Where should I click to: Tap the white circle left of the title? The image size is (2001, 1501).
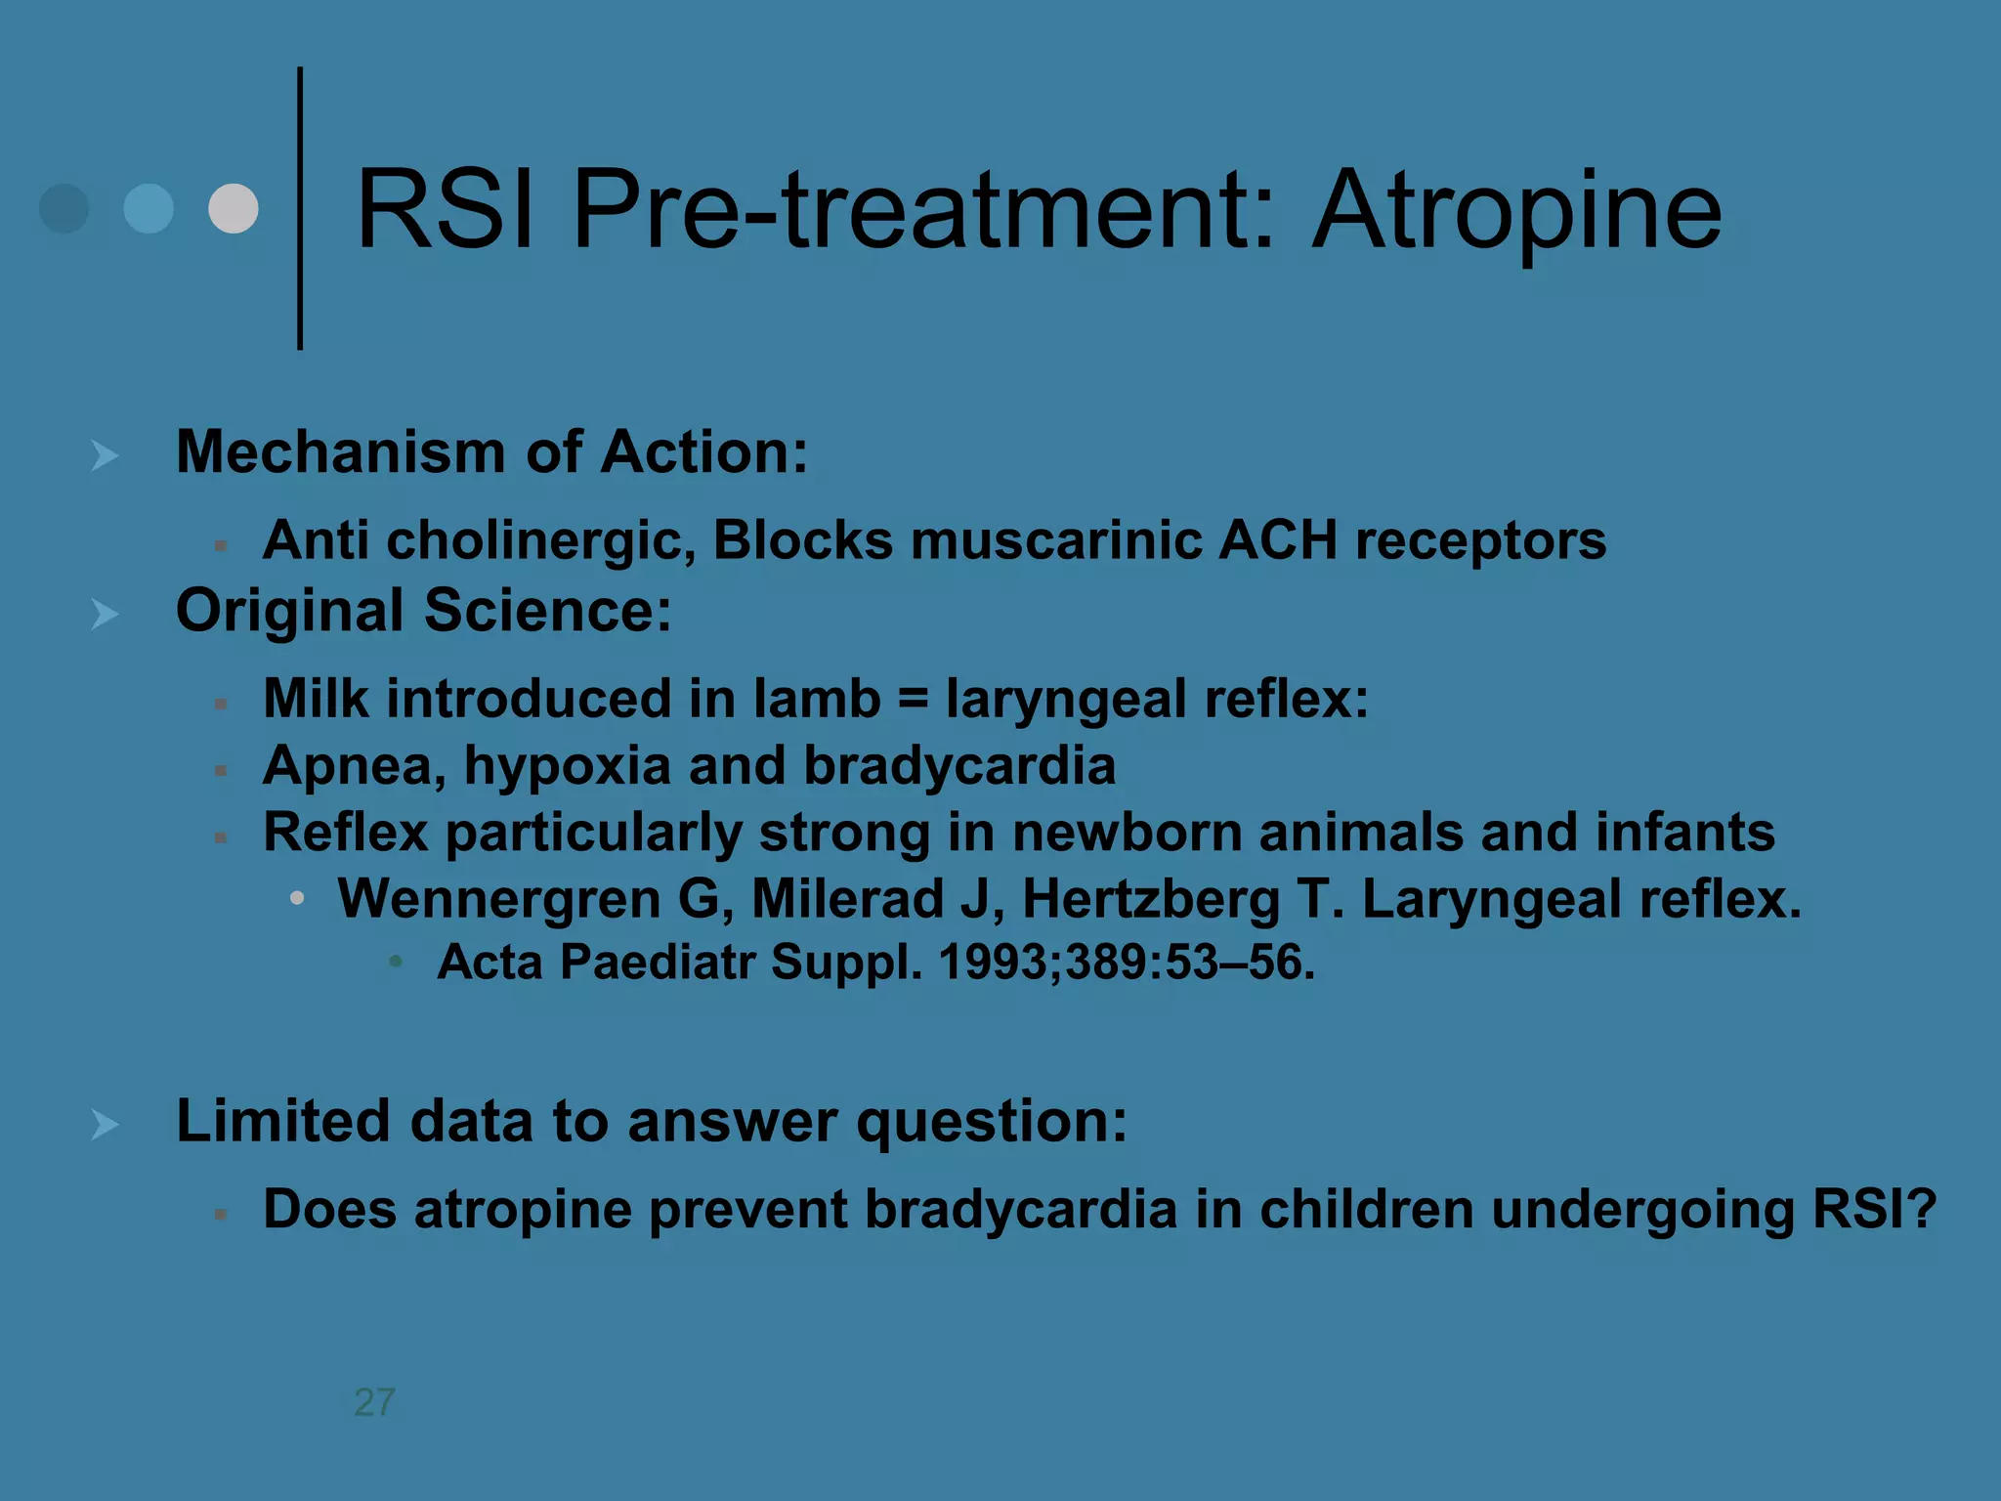click(234, 208)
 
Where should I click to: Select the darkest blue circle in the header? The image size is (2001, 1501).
click(64, 208)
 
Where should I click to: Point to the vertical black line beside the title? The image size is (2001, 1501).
click(300, 208)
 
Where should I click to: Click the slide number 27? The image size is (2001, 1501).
click(374, 1402)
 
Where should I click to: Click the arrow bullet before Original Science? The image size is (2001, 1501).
click(104, 614)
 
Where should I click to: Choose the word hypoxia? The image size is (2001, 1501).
click(567, 766)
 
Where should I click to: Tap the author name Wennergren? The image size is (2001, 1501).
click(498, 899)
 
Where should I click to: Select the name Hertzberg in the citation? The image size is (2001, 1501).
click(1150, 899)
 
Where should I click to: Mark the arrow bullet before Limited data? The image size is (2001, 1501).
click(104, 1124)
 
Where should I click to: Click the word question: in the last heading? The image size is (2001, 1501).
click(991, 1121)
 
